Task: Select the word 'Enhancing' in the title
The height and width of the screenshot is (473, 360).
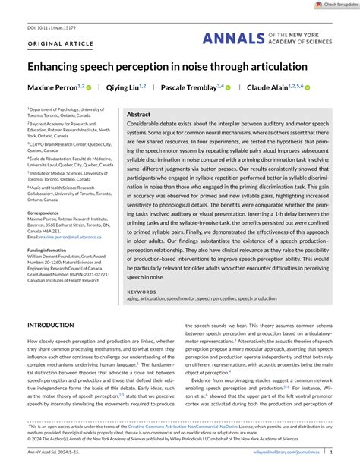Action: pyautogui.click(x=60, y=67)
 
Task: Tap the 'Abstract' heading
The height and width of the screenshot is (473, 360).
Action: pyautogui.click(x=139, y=114)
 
